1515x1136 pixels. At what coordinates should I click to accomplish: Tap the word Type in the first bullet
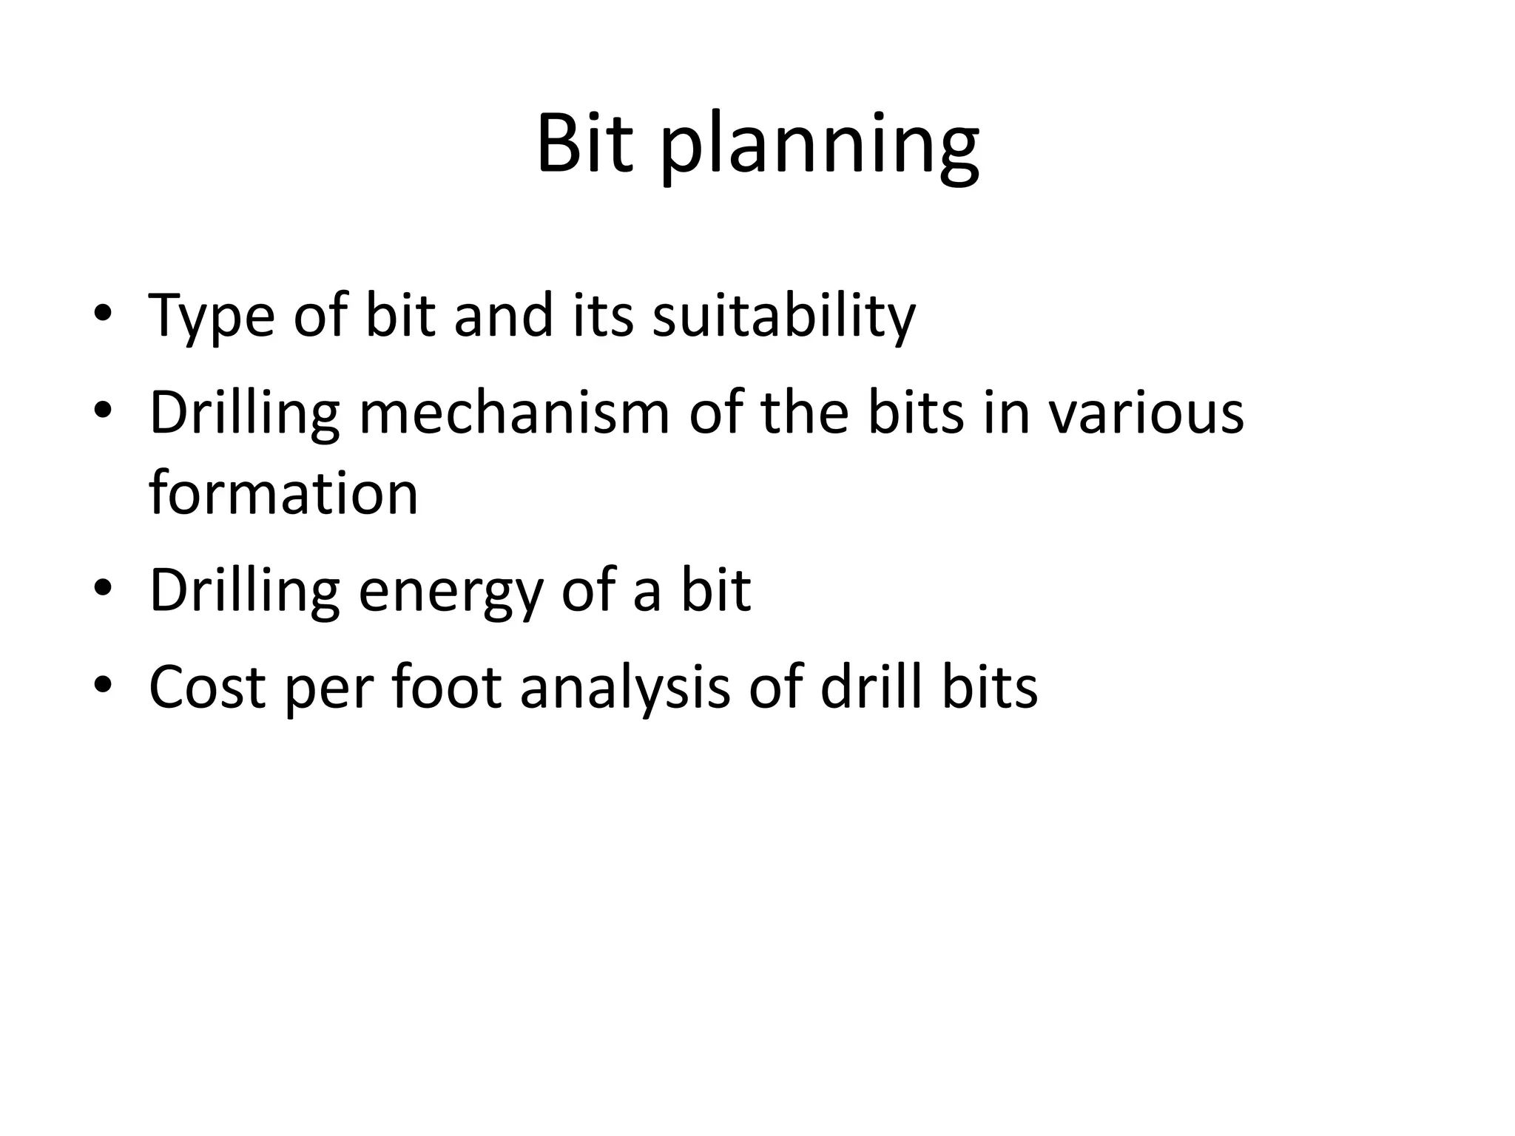tap(211, 317)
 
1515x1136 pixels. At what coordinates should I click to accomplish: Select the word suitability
tap(783, 317)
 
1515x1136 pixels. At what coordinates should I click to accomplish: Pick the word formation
tap(283, 493)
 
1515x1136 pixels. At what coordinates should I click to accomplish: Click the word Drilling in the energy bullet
tap(244, 592)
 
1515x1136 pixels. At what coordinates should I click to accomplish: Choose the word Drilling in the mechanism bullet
tap(244, 414)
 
